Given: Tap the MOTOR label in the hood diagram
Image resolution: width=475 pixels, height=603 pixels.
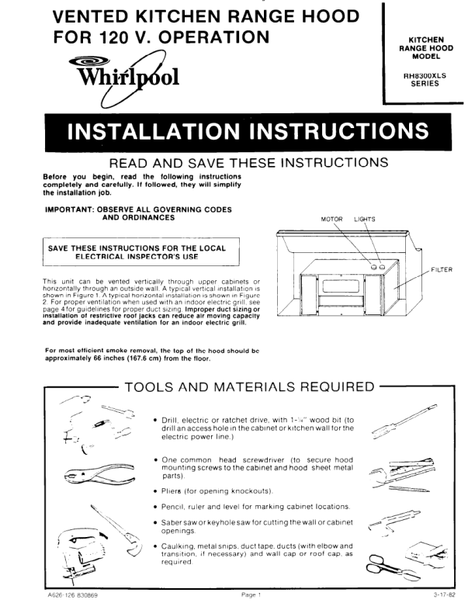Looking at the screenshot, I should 331,219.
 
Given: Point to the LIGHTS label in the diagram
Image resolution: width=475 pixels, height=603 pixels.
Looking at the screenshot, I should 365,219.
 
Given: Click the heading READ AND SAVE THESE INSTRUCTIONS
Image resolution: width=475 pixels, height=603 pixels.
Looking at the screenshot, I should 248,164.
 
